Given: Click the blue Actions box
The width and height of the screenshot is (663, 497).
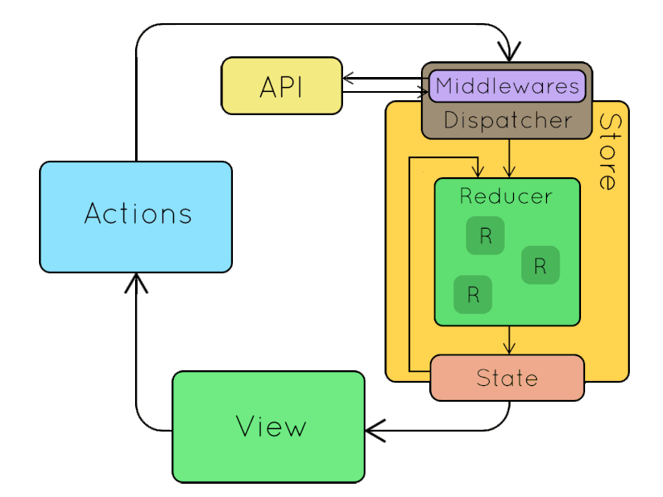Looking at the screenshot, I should click(136, 216).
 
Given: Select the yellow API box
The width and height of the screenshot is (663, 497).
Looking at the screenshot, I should click(282, 86).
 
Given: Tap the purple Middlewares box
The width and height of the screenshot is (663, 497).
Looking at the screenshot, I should click(506, 85).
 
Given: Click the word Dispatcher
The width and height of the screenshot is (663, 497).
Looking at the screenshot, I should click(507, 121).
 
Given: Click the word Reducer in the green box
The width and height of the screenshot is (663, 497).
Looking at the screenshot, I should click(506, 196).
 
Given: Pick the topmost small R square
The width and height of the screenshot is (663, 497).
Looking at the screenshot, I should click(486, 236).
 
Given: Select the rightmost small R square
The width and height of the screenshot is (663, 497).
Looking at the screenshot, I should click(540, 265).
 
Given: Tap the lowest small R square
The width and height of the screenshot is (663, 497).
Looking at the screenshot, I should click(473, 294).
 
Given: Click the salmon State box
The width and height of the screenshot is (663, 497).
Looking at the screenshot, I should click(507, 378).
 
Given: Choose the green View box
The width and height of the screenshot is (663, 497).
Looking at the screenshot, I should click(269, 427).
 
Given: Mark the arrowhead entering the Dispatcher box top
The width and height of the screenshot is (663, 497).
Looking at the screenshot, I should click(507, 54).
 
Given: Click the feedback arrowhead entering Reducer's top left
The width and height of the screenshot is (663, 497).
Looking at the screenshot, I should click(477, 171).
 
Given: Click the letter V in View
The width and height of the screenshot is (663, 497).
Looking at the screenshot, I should click(245, 427).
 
